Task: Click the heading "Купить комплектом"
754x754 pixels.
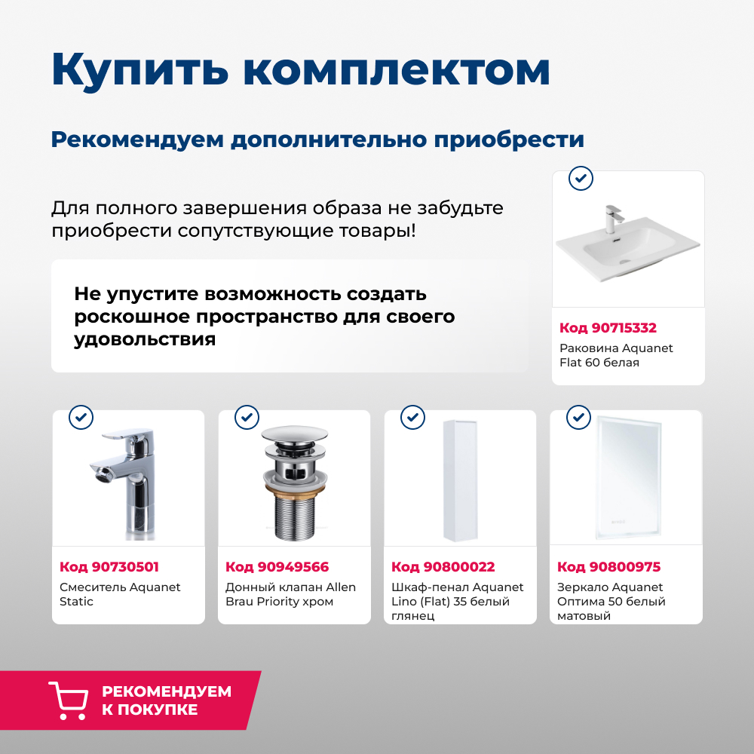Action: click(300, 69)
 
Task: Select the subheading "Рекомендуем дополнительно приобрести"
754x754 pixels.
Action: click(317, 139)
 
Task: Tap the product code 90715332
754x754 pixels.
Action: click(608, 328)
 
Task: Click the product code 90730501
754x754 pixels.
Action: click(109, 567)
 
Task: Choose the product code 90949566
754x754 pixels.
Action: click(277, 567)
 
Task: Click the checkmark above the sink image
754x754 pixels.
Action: click(580, 179)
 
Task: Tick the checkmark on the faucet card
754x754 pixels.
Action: click(81, 417)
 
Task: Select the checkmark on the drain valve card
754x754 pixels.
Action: click(247, 417)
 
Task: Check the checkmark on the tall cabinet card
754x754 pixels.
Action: click(412, 417)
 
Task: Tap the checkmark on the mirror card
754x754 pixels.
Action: click(578, 417)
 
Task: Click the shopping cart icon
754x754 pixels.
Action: click(67, 700)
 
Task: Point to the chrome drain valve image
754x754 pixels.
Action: click(294, 483)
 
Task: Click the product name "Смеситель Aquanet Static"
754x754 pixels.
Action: click(120, 594)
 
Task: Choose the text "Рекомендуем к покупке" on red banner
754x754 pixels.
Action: click(166, 700)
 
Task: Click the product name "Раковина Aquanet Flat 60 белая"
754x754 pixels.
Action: click(616, 355)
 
